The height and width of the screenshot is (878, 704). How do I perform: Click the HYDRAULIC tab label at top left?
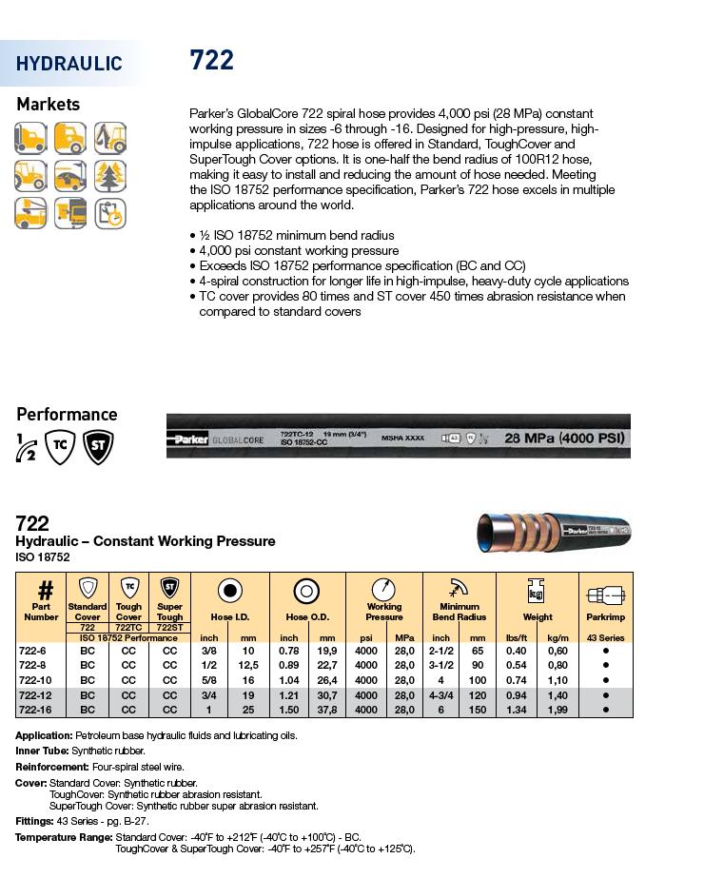69,64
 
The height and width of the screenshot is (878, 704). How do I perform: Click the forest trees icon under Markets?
110,176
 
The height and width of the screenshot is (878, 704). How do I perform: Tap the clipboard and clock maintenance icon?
110,213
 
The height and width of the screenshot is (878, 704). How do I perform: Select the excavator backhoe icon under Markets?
110,138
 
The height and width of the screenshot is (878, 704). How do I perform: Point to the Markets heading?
49,105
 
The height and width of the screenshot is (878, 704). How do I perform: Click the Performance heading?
67,415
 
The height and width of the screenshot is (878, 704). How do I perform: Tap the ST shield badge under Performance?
97,447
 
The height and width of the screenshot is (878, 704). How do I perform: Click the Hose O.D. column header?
307,616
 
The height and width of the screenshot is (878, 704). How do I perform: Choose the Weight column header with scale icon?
537,616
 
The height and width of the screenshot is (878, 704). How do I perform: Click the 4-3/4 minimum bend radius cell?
441,695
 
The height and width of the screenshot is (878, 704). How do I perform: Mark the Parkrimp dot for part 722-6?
605,651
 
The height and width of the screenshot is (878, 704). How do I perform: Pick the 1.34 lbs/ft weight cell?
517,710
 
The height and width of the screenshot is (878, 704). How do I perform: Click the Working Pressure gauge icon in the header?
384,590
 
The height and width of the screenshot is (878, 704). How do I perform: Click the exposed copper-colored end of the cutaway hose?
487,533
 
